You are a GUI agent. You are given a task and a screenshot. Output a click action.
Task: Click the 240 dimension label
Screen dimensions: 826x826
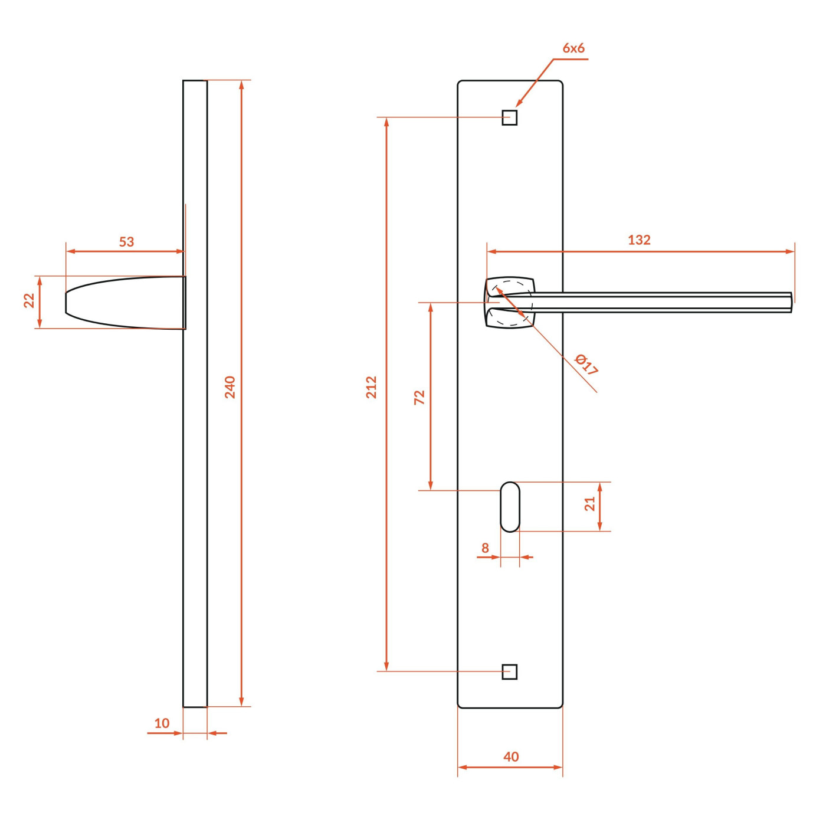click(x=230, y=387)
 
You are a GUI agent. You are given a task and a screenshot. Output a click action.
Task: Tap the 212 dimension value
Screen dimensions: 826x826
click(x=371, y=387)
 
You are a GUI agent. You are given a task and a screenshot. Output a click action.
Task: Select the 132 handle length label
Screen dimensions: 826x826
click(x=639, y=240)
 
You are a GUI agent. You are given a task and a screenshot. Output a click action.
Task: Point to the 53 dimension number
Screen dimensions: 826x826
click(x=126, y=242)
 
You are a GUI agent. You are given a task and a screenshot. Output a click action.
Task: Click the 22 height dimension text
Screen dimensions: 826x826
click(x=29, y=300)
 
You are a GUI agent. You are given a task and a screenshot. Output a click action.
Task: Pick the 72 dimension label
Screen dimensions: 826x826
click(x=419, y=397)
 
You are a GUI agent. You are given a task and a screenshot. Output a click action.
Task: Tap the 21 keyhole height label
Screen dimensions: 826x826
click(x=590, y=504)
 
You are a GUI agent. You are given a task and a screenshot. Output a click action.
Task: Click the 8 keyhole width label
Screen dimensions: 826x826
click(x=485, y=548)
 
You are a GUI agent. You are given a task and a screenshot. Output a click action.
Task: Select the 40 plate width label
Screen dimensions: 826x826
click(x=511, y=756)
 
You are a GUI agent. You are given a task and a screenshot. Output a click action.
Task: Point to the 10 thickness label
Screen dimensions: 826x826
click(x=162, y=723)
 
